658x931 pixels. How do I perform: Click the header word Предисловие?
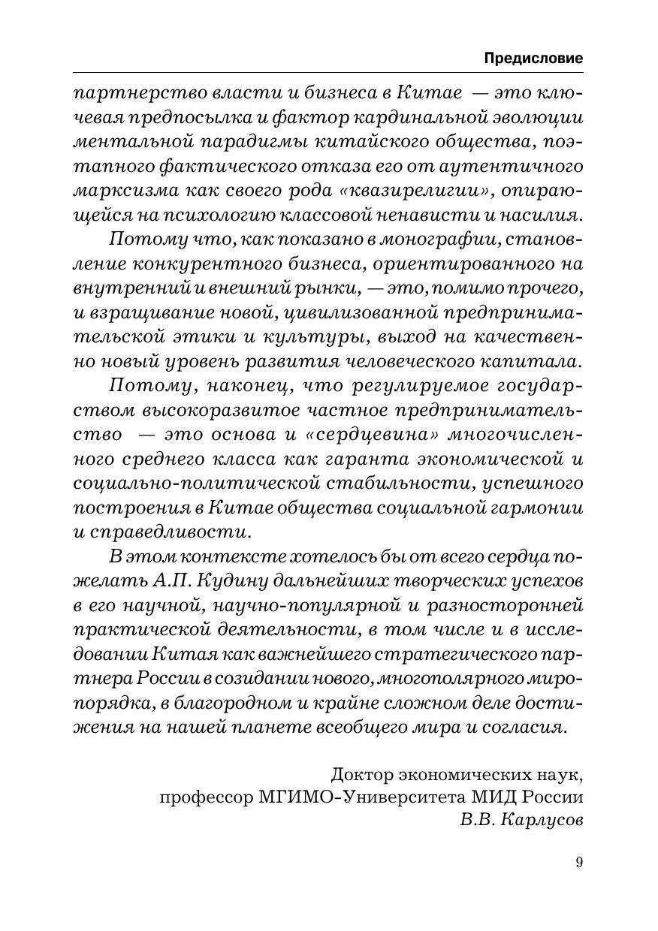[533, 58]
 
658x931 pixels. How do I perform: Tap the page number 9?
[578, 862]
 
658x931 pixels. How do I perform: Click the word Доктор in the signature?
[367, 772]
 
